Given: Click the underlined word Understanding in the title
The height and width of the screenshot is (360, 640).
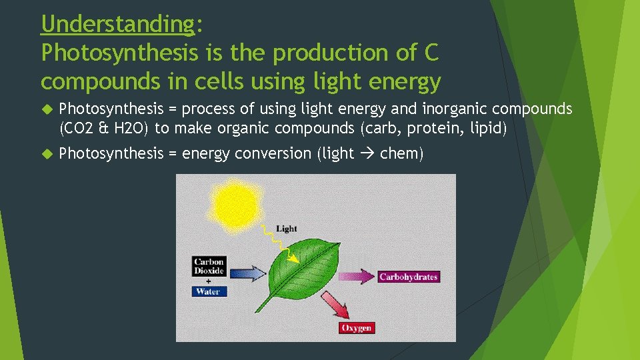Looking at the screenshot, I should coord(117,24).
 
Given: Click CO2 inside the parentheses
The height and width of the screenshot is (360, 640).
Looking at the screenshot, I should coord(80,128).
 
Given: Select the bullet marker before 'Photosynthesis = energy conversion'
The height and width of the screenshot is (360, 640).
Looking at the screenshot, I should coord(47,154).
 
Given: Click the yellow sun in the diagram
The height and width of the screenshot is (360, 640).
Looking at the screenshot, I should coord(234,201).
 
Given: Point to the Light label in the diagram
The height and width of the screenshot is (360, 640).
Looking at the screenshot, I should coord(286,229).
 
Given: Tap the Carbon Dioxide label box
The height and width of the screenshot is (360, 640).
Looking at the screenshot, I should coord(209,267).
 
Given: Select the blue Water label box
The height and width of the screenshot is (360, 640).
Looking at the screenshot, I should coord(209,291).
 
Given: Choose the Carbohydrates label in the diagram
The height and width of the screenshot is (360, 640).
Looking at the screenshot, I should coord(408,277).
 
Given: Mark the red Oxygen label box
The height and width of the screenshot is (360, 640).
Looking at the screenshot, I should coord(356,327).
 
